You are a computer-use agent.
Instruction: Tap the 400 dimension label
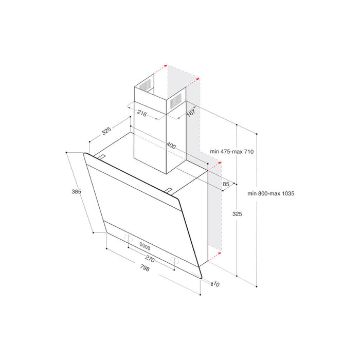171,146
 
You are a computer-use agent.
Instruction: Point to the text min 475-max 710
232,152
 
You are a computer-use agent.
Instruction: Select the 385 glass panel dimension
77,192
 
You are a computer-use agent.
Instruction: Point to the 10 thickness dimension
216,284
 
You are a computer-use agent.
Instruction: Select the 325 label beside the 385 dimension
106,131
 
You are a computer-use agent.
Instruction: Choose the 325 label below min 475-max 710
222,213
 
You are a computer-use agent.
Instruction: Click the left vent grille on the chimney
147,85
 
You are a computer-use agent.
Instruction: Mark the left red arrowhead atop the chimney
165,66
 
